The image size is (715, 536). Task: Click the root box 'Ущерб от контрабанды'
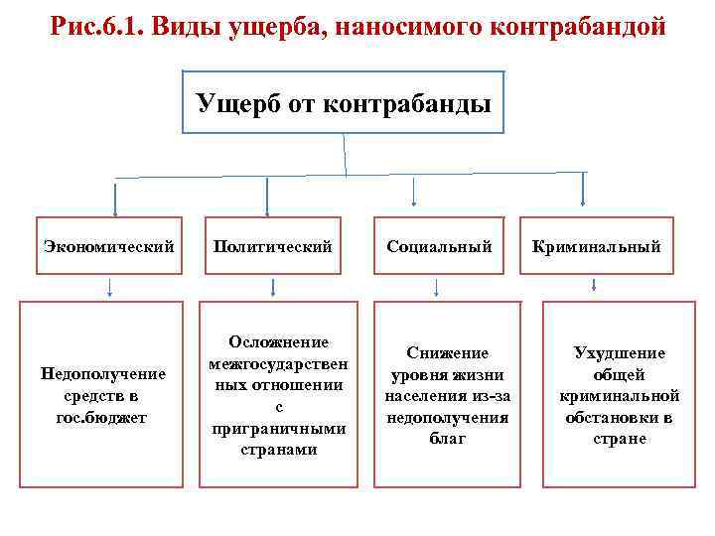pyautogui.click(x=344, y=102)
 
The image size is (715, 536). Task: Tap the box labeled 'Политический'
pyautogui.click(x=271, y=246)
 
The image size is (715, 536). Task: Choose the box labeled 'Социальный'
pyautogui.click(x=438, y=246)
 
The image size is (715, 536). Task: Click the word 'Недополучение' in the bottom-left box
pyautogui.click(x=101, y=373)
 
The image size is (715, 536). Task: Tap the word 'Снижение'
pyautogui.click(x=446, y=352)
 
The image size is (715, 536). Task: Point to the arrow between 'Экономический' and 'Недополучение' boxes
pyautogui.click(x=109, y=288)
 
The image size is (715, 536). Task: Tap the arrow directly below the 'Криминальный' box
pyautogui.click(x=593, y=285)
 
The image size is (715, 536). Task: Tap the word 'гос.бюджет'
pyautogui.click(x=101, y=417)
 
